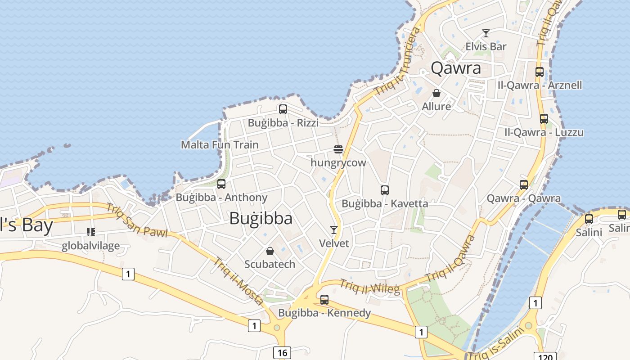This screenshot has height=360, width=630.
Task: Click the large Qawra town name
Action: [456, 68]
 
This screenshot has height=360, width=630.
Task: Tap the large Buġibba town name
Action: [261, 218]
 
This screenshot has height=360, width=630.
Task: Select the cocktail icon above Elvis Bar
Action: [486, 33]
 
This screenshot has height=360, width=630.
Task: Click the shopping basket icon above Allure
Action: [436, 93]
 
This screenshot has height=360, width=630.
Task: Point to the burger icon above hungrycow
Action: [338, 149]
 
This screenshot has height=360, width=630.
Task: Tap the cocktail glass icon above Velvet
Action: [333, 230]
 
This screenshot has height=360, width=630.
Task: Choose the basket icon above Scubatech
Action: [270, 251]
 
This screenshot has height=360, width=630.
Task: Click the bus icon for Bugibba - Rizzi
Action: [283, 109]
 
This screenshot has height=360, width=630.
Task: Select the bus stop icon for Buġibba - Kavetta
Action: [384, 190]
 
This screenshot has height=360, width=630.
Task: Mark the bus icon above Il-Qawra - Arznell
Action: [540, 72]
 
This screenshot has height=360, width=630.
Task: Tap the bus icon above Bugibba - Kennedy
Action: [324, 299]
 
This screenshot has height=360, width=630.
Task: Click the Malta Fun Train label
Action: [220, 144]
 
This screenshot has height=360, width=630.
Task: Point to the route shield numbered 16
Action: [282, 352]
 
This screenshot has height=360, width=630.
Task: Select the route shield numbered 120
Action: [545, 357]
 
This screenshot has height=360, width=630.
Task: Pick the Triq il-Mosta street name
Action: [238, 281]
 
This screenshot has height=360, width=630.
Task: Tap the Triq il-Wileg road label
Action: [369, 287]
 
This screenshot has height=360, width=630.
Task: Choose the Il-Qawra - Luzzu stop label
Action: [544, 132]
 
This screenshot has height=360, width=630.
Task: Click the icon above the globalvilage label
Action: [90, 232]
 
